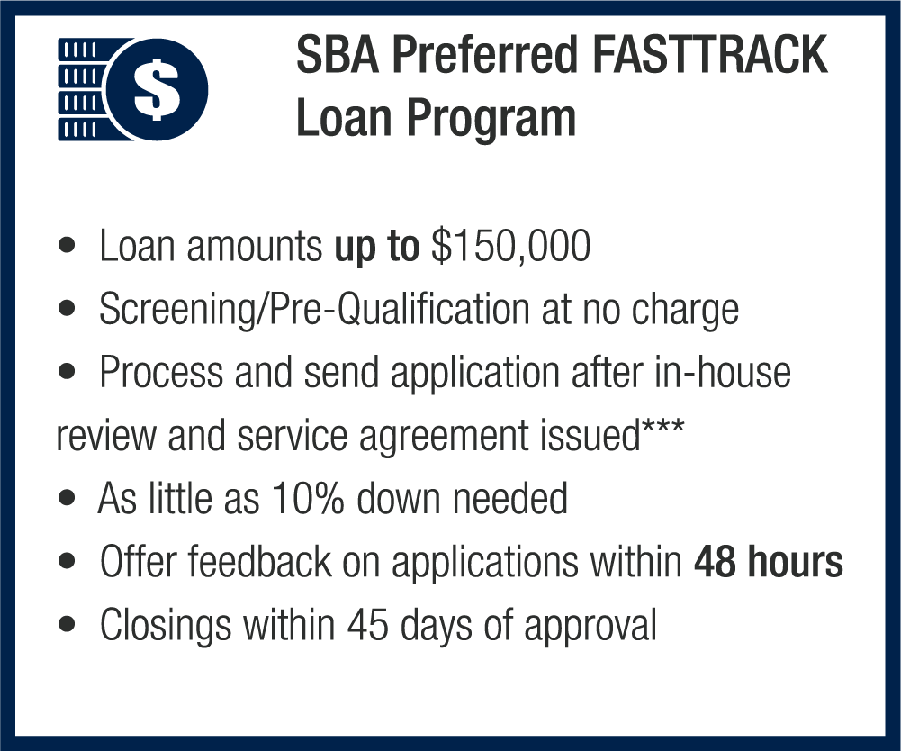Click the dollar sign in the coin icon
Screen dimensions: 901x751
(157, 90)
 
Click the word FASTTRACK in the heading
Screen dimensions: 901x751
(709, 55)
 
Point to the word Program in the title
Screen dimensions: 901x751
(491, 118)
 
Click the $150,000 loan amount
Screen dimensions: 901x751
(510, 246)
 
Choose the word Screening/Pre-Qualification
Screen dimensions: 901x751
(315, 310)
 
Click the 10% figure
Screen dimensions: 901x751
(308, 498)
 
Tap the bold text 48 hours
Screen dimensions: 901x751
(769, 561)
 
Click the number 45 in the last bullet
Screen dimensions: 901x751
(366, 625)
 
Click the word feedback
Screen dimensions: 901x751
(259, 561)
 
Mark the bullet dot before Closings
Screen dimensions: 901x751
(68, 623)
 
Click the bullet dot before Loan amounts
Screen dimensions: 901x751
(68, 246)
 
